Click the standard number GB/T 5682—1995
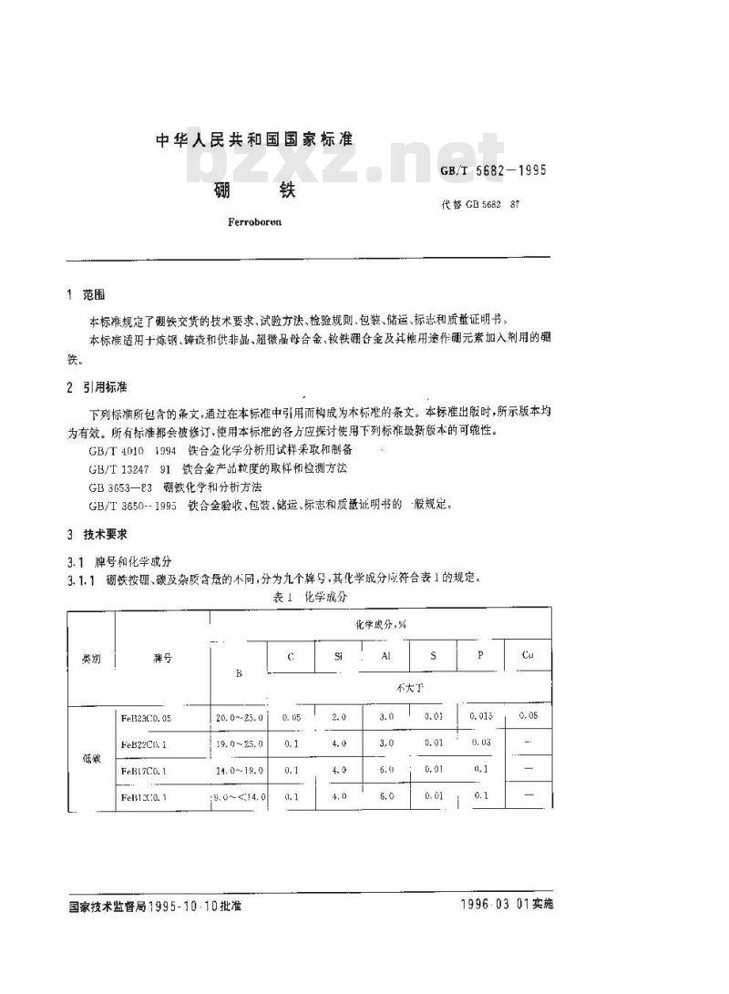click(x=493, y=169)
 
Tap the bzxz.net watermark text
click(x=346, y=164)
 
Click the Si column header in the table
click(x=339, y=654)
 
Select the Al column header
click(x=385, y=654)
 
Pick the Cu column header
click(x=527, y=654)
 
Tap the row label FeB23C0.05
click(x=159, y=717)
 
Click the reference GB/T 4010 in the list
click(x=116, y=450)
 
